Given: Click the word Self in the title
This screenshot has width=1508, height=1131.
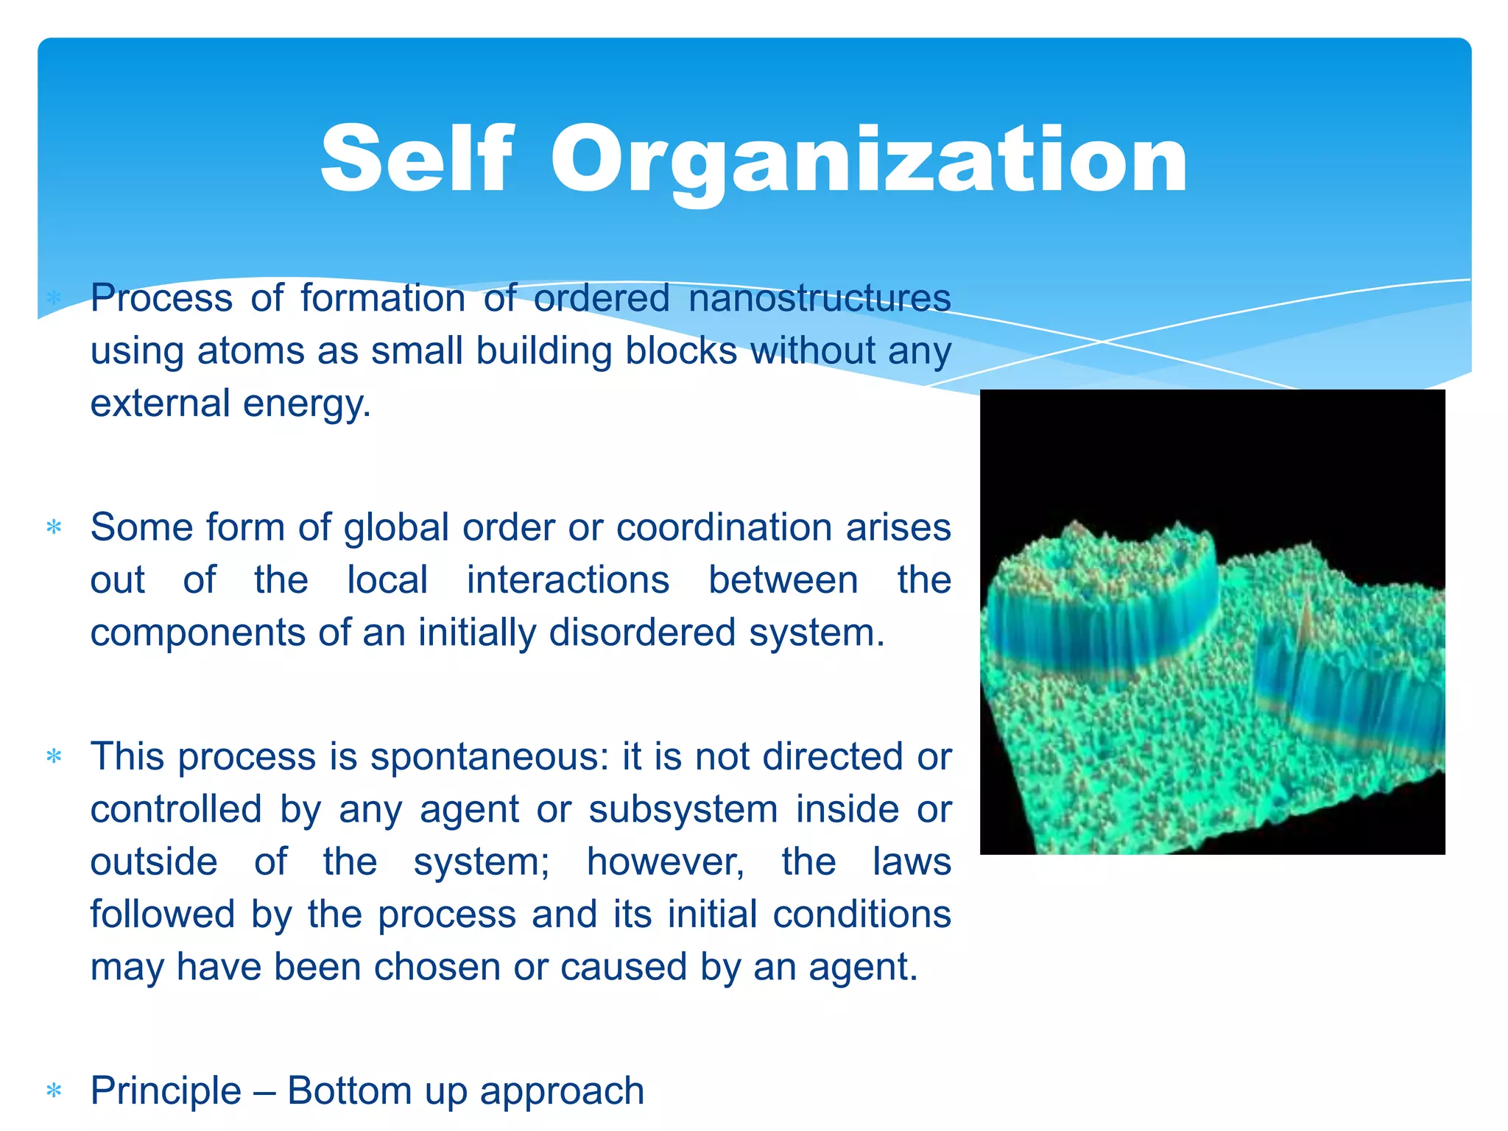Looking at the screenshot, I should pos(416,158).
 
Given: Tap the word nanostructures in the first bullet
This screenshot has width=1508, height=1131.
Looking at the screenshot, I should pos(820,298).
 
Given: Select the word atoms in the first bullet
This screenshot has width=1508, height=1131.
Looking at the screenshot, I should pos(250,351).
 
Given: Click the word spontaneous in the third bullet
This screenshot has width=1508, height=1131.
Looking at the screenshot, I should pos(490,757).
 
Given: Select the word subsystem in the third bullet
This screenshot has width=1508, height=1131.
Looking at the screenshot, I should pos(683,810).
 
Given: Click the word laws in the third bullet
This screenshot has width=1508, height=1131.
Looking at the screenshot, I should pos(912,862).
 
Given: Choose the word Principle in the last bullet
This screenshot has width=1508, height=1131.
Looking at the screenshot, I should pos(166,1091).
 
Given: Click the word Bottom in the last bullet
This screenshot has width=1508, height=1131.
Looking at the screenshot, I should pos(349,1091).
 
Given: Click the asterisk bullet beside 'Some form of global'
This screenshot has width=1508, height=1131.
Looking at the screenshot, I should pos(54,527).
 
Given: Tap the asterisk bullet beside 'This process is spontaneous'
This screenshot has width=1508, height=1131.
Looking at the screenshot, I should pos(54,757).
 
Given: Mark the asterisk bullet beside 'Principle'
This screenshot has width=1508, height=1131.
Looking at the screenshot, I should pos(54,1091).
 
